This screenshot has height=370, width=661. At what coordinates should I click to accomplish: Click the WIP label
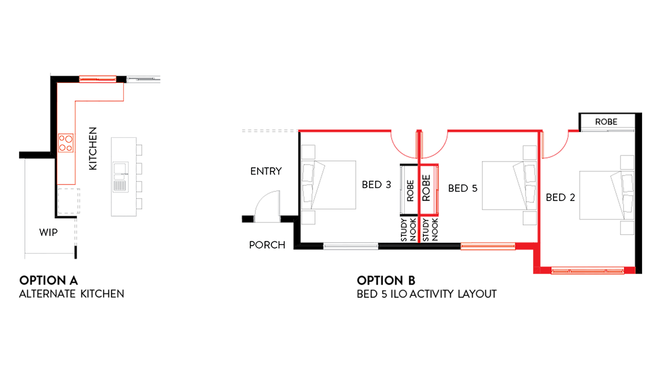(48, 233)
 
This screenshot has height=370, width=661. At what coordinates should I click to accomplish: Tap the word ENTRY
(266, 171)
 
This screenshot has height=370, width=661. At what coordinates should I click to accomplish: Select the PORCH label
(267, 245)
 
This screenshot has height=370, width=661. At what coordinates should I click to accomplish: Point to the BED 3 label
(376, 185)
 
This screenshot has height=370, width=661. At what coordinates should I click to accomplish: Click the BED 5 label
(462, 189)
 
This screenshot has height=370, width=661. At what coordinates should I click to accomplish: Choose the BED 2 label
(560, 198)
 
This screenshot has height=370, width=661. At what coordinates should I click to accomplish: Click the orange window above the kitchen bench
(98, 79)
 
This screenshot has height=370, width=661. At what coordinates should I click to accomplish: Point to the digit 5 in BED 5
(474, 189)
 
